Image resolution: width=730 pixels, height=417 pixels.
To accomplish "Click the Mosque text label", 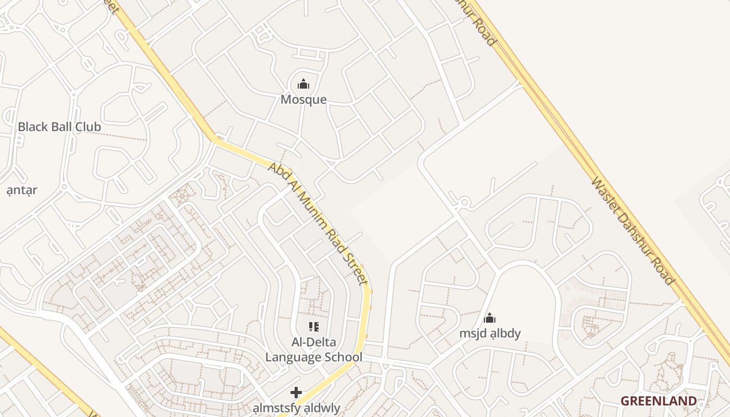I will click(x=303, y=100).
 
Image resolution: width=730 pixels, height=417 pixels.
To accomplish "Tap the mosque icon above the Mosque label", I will click(x=303, y=83).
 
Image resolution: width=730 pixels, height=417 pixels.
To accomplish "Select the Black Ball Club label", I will click(x=59, y=127).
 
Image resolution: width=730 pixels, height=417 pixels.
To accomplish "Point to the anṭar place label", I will click(x=22, y=190).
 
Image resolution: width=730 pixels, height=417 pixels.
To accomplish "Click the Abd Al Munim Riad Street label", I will click(x=318, y=223).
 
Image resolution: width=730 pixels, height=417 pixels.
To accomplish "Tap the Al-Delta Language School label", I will click(x=313, y=350).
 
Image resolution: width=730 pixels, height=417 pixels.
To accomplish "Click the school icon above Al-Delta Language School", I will click(x=313, y=327).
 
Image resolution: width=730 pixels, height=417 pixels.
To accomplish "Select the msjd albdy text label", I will click(x=490, y=333).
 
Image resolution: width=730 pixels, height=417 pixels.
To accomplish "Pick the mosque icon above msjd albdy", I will click(x=490, y=317).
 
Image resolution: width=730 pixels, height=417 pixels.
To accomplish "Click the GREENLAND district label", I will click(x=658, y=401).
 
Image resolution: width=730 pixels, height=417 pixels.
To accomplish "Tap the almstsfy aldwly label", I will click(x=296, y=408).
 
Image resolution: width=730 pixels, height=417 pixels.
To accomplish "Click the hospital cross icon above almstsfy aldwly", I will click(x=296, y=392).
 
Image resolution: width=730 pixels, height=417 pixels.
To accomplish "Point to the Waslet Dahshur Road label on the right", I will click(x=632, y=230).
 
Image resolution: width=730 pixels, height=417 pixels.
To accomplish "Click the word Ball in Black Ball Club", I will click(x=59, y=127).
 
